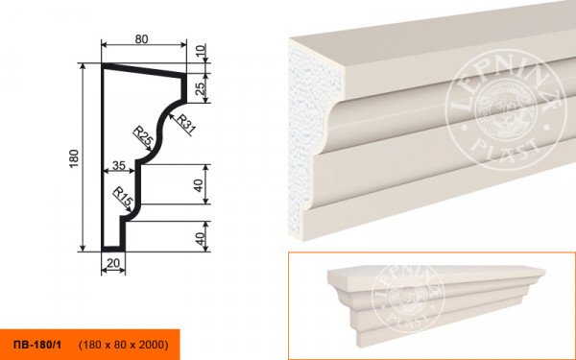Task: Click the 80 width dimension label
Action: (x=141, y=39)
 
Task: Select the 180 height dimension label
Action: (x=74, y=158)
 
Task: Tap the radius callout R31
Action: (x=186, y=124)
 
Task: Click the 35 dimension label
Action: (x=119, y=166)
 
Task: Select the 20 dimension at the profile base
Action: (x=113, y=263)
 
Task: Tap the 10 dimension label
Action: (x=202, y=50)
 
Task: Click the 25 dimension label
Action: (x=201, y=88)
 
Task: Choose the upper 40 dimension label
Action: (x=199, y=185)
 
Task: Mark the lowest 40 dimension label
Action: (x=200, y=239)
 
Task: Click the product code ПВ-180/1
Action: (x=37, y=345)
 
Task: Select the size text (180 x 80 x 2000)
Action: (x=124, y=345)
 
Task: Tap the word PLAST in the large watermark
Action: (x=506, y=148)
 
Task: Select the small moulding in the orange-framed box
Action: (x=436, y=303)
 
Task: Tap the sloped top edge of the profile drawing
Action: (x=143, y=70)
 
